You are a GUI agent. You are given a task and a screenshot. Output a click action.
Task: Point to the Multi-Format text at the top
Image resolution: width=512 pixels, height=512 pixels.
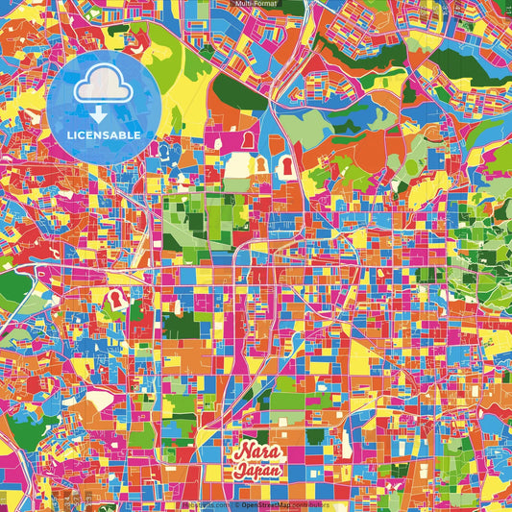[x=256, y=5]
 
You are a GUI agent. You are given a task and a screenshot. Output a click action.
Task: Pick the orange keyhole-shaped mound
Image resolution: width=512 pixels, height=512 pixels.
[x=259, y=166]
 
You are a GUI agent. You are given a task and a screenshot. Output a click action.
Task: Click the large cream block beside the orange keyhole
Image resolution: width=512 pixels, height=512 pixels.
[x=238, y=166]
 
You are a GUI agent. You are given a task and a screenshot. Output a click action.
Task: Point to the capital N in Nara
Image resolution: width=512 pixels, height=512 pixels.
[x=240, y=452]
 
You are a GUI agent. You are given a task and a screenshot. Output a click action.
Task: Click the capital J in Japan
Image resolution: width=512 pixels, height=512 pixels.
[x=239, y=472]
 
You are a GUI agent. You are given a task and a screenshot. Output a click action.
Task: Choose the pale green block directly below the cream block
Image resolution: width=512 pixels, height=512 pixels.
[x=237, y=184]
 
